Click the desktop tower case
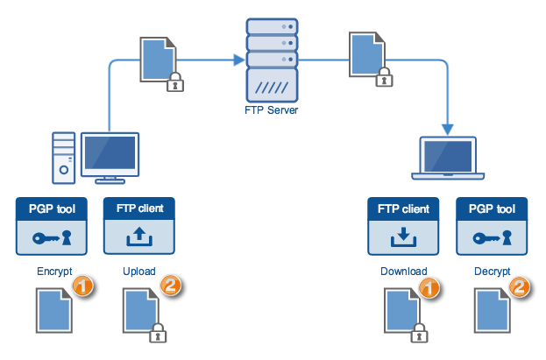64,158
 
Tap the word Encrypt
54,272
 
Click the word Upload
139,272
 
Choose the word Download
403,272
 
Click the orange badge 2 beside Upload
171,286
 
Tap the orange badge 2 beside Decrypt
521,286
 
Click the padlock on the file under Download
418,331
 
